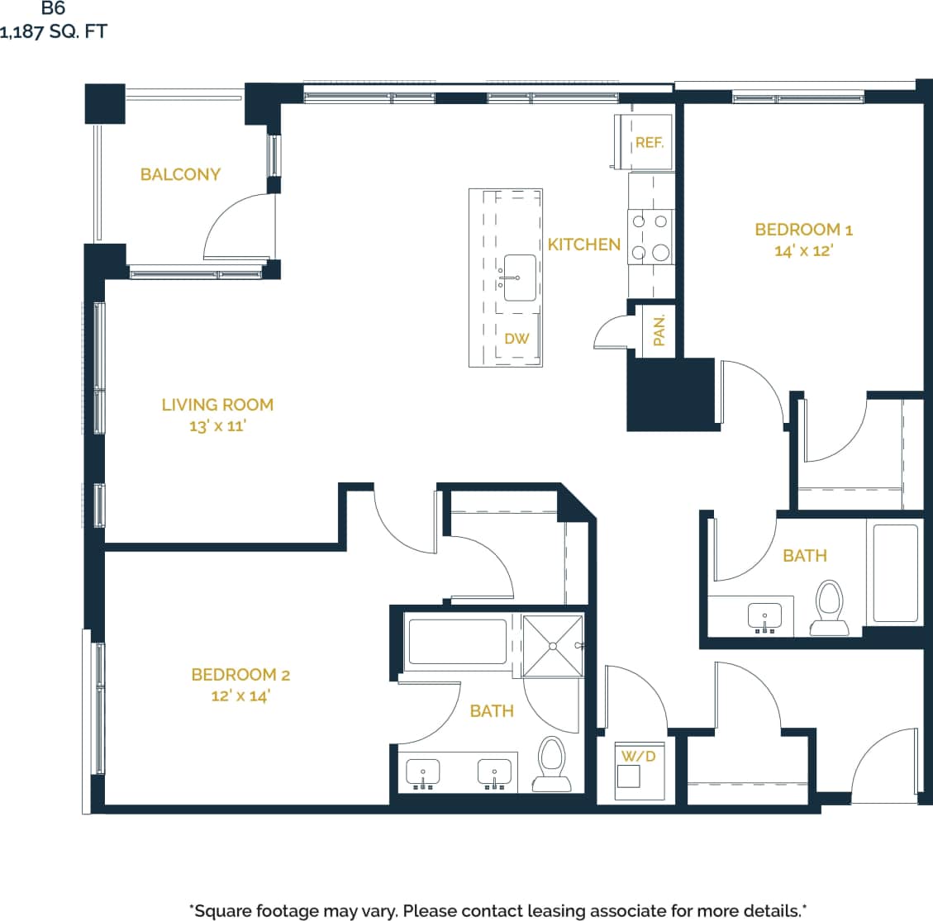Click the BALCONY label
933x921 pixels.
click(x=180, y=174)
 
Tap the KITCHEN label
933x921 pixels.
click(x=583, y=244)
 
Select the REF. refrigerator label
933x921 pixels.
click(x=650, y=143)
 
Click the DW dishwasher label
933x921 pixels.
click(x=516, y=339)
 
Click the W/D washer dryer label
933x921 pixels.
click(x=638, y=756)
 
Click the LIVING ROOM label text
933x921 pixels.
click(x=217, y=405)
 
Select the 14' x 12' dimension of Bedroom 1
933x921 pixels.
click(x=802, y=250)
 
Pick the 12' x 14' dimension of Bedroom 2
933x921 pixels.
click(x=240, y=695)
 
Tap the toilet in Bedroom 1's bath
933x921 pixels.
click(x=829, y=608)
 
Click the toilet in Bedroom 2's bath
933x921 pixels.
click(x=551, y=764)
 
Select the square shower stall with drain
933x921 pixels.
click(x=552, y=645)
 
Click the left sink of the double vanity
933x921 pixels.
click(x=423, y=773)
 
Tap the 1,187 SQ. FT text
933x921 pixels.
click(x=54, y=33)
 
